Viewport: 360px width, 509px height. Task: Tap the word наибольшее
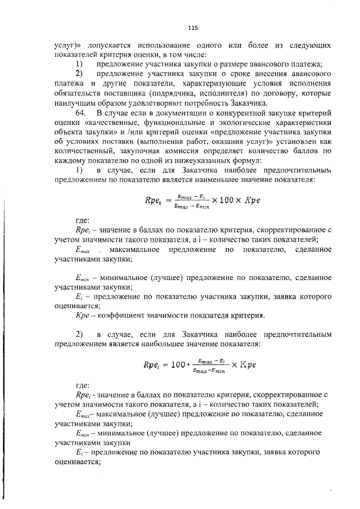(206, 343)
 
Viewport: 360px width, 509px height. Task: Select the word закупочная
(138, 151)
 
